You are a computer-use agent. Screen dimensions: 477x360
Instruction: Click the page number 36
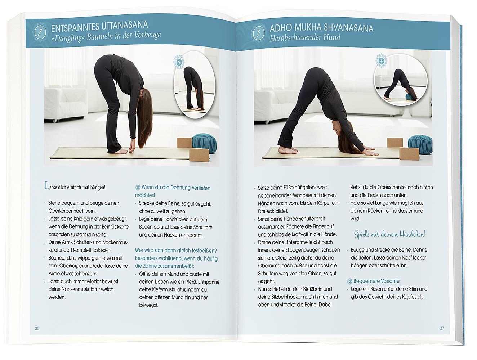click(37, 328)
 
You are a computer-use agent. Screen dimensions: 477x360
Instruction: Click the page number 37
click(442, 328)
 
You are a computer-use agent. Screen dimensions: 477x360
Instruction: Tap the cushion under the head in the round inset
click(409, 96)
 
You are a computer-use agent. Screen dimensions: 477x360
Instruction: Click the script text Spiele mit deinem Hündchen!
click(390, 234)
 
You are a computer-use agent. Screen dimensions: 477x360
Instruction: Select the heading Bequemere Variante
click(376, 281)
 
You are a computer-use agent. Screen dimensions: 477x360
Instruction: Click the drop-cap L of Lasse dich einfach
click(47, 186)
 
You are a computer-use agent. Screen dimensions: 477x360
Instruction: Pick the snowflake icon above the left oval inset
click(179, 62)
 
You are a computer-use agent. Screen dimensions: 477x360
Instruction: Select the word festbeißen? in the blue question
click(204, 251)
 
